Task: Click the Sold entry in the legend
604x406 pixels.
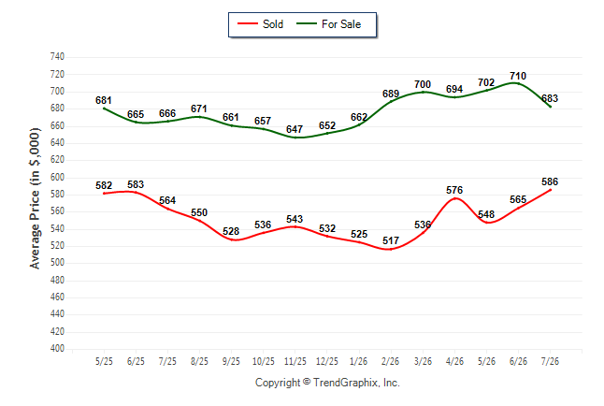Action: (261, 24)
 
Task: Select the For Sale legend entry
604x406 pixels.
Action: (329, 24)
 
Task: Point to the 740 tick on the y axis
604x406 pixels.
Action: (57, 57)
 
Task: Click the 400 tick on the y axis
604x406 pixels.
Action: (57, 349)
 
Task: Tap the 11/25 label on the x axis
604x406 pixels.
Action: (295, 361)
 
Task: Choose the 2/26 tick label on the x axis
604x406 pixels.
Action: (391, 361)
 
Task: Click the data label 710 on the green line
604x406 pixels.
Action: (518, 76)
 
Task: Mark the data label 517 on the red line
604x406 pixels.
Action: (391, 240)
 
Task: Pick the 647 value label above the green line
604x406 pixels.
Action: (295, 129)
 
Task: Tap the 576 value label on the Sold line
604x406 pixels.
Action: (454, 190)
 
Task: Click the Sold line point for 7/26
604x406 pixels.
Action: (550, 190)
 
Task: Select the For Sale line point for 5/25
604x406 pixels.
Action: (104, 109)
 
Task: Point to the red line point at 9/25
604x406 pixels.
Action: (232, 239)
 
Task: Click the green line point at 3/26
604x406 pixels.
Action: (423, 93)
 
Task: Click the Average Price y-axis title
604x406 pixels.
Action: (35, 198)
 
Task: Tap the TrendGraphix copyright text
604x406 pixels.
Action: (327, 383)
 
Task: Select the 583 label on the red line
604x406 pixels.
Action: (136, 184)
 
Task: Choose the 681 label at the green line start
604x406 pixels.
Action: (104, 100)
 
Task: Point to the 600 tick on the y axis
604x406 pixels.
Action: (57, 178)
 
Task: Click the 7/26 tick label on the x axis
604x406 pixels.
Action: (550, 361)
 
